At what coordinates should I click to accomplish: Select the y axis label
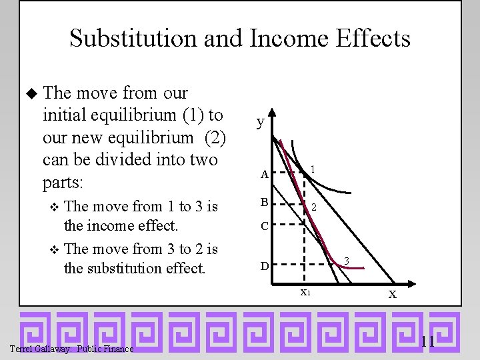click(261, 122)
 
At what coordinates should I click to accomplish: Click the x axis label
click(393, 293)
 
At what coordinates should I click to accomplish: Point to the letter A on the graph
click(264, 175)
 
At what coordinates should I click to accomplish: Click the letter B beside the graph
click(264, 202)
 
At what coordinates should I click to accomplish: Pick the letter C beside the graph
click(264, 226)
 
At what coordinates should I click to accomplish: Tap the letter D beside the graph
click(264, 266)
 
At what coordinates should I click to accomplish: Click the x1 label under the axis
click(305, 292)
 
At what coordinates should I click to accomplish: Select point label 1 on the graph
click(312, 170)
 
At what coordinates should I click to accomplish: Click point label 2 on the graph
click(313, 208)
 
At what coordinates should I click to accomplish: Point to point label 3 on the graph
click(346, 260)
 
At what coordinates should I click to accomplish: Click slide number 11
click(427, 342)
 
